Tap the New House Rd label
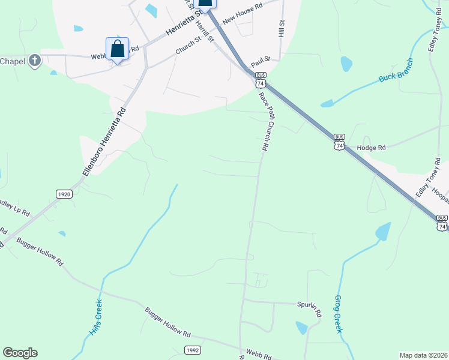243,13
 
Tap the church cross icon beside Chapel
35,61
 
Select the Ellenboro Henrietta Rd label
106,142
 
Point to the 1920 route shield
64,194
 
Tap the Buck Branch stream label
396,71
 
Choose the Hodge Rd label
371,147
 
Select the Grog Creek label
338,314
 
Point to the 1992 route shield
192,350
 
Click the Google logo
20,353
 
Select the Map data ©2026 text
423,355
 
